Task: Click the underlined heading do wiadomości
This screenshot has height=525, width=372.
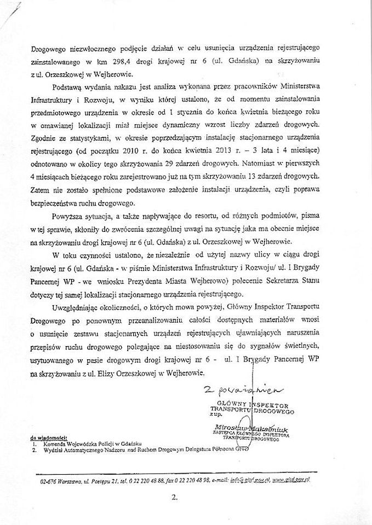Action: pyautogui.click(x=49, y=438)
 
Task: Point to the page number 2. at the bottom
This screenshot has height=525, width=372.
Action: pyautogui.click(x=175, y=498)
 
